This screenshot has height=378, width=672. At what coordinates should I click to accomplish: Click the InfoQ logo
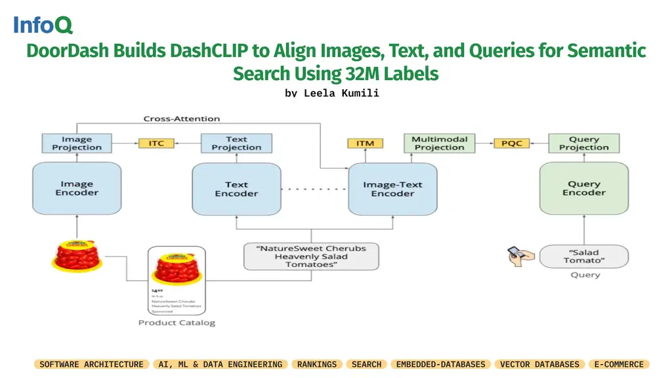tap(43, 26)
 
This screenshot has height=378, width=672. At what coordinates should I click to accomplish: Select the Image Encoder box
tap(77, 189)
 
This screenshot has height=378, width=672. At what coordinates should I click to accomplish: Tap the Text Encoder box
tap(236, 189)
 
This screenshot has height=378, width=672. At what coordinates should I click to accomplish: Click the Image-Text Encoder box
tap(392, 189)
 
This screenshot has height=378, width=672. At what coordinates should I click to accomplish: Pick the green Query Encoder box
tap(583, 188)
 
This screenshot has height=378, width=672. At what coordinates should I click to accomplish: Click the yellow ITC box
tap(156, 143)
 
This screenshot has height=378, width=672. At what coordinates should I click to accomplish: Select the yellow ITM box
tap(365, 143)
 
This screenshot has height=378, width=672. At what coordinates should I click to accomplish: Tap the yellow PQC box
tap(511, 143)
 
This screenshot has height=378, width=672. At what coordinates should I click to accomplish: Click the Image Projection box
tap(77, 143)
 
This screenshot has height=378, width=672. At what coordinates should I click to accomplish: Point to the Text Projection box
tap(236, 143)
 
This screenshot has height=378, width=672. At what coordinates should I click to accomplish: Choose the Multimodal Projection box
tap(439, 143)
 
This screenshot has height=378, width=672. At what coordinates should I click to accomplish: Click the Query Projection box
tap(583, 143)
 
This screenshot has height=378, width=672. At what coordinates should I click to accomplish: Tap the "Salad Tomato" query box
tap(583, 256)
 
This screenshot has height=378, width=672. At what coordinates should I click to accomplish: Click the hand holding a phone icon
tap(519, 256)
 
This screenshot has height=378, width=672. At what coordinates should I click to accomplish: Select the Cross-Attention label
tap(182, 119)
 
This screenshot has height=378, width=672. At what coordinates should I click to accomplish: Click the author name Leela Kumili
tap(332, 93)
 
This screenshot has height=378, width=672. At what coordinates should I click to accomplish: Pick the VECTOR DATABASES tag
tap(539, 364)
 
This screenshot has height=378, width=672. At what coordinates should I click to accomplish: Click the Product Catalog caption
tap(177, 323)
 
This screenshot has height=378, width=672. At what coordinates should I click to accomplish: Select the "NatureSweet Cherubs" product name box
tap(311, 256)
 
